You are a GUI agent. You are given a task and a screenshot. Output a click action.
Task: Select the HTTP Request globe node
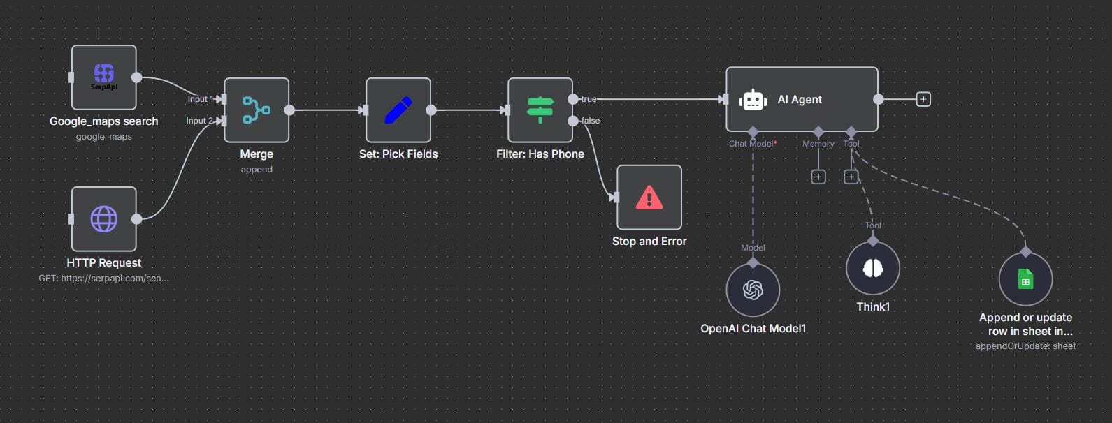(103, 218)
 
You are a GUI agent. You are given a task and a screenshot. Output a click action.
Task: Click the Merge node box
(257, 110)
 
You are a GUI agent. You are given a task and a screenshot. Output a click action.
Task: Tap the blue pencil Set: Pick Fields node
(398, 110)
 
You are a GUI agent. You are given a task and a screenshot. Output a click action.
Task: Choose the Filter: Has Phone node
(540, 110)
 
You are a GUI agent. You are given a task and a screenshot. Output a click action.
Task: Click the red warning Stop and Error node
(649, 197)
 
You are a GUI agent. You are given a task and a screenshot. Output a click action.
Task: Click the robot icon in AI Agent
(753, 100)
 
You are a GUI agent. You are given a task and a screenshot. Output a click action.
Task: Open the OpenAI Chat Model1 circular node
(753, 289)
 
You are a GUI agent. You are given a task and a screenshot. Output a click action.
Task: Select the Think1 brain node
(873, 267)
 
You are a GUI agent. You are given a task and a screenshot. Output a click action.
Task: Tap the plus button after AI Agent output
(923, 99)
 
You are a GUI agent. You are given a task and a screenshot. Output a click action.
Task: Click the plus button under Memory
(818, 177)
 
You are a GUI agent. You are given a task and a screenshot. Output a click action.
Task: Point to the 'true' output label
(589, 99)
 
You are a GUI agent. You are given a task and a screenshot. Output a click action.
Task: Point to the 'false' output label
(591, 121)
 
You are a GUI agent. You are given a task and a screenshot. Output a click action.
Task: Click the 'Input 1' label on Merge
(200, 99)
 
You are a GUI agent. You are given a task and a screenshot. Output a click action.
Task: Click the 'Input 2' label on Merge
(199, 121)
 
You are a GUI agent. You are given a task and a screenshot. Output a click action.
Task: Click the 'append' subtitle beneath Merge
(257, 170)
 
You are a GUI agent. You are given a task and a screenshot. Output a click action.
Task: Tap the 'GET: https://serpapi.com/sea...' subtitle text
(103, 278)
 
